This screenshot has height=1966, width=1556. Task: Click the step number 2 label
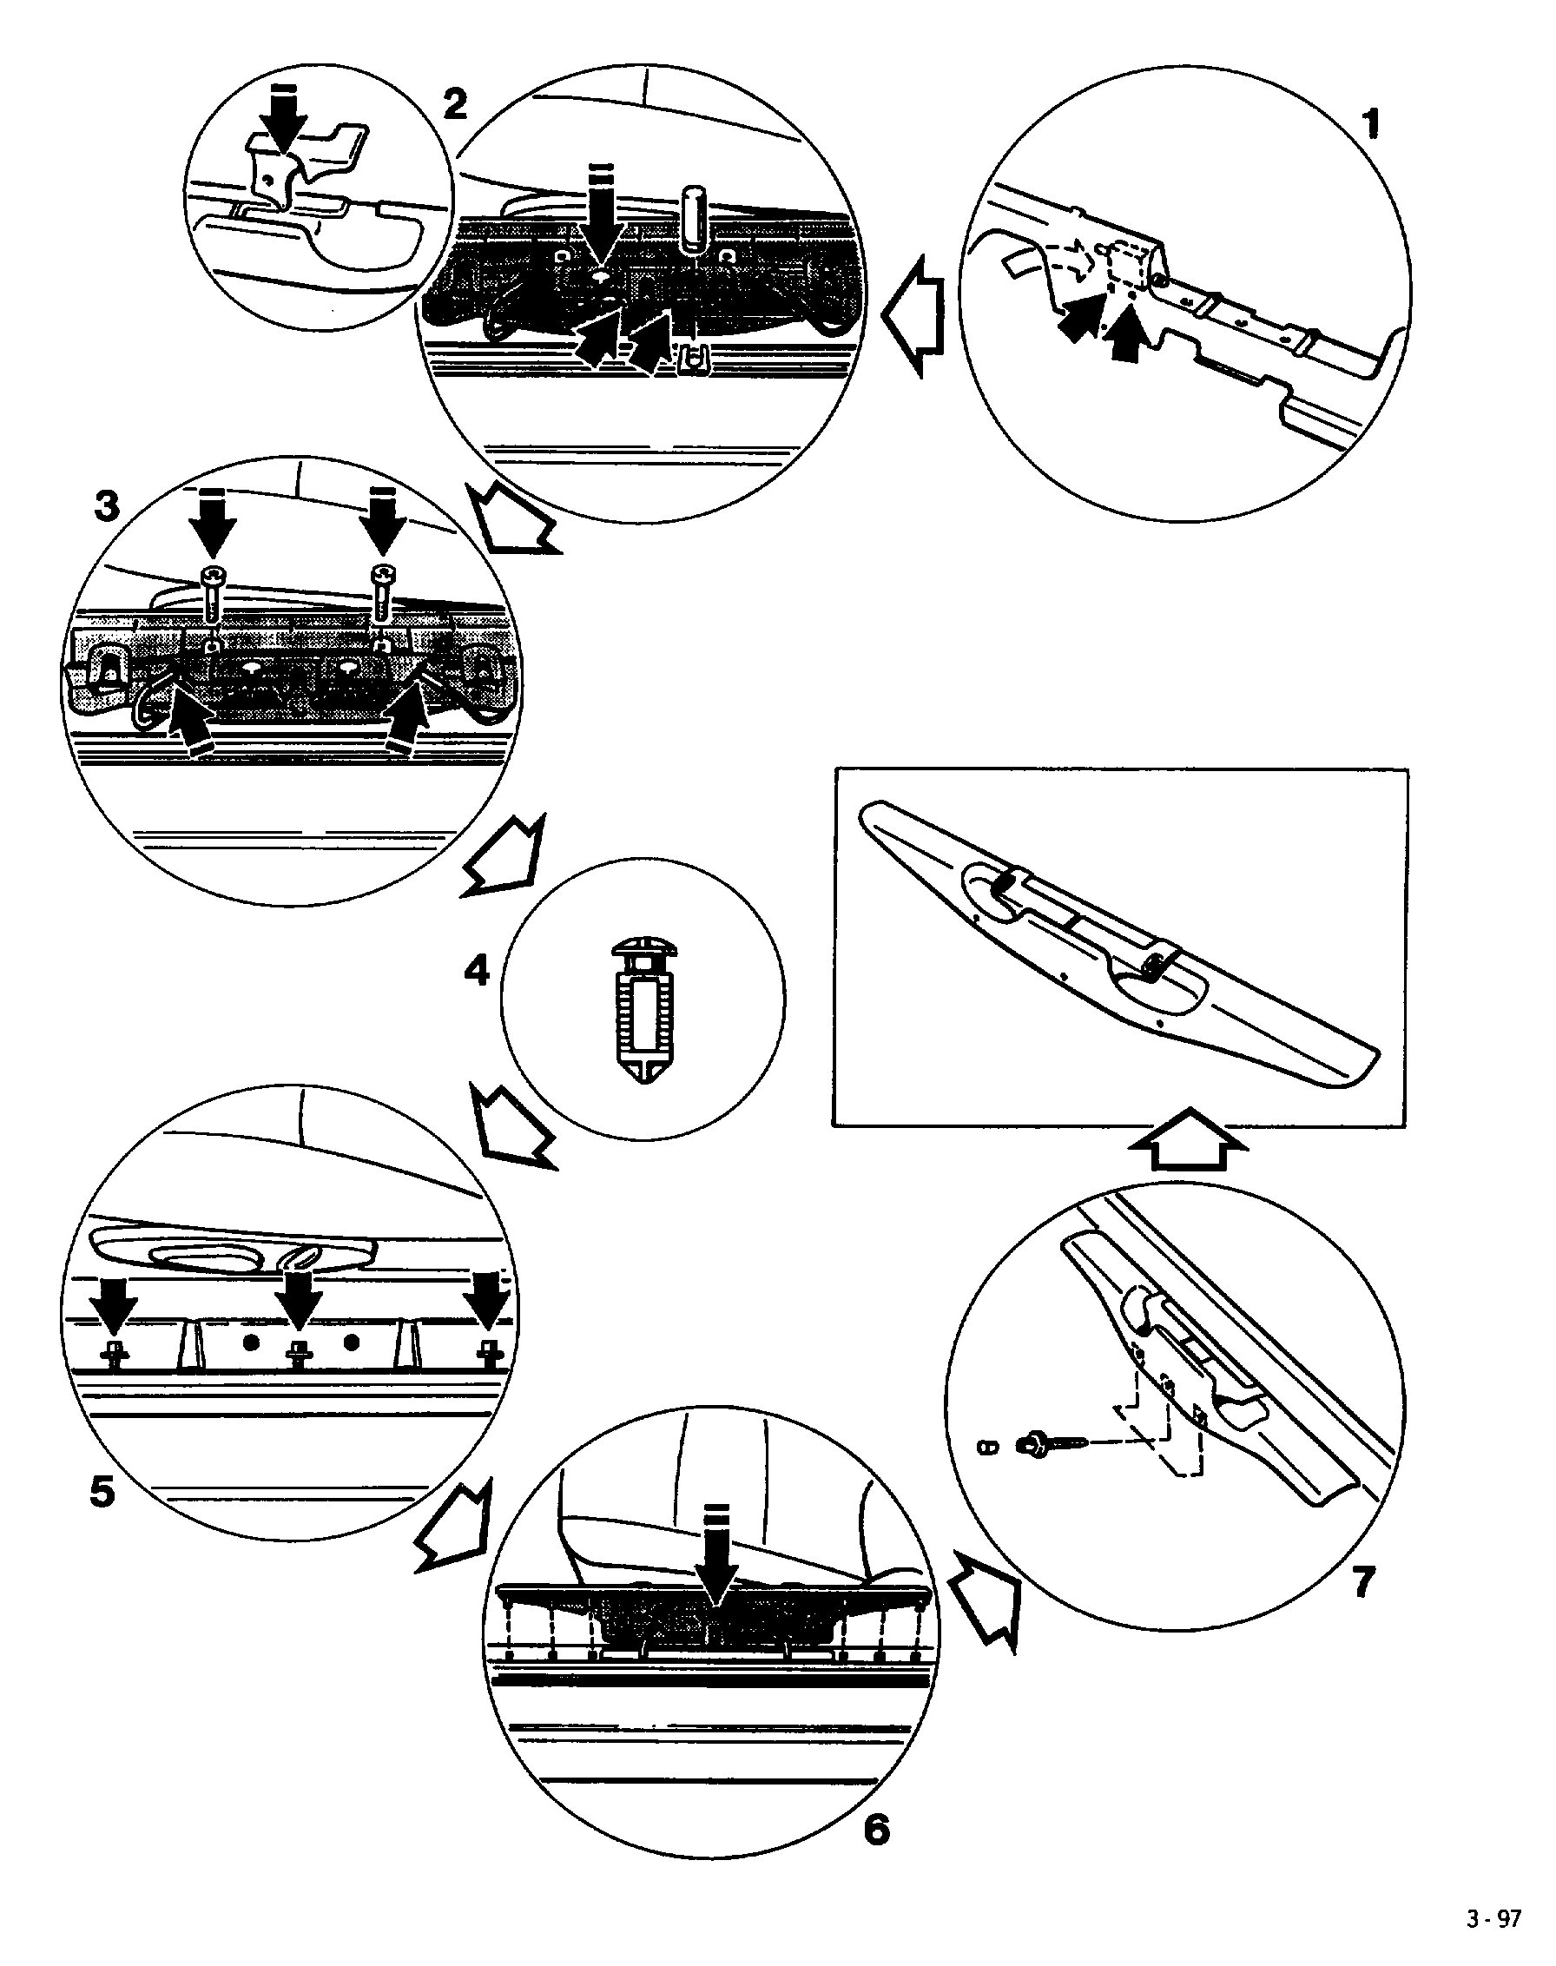click(455, 105)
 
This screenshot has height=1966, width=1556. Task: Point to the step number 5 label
click(102, 1490)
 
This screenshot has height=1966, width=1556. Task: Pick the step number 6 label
click(875, 1829)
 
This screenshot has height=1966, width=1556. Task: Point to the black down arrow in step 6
click(718, 1580)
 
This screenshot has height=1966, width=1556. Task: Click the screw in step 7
click(1045, 1444)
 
